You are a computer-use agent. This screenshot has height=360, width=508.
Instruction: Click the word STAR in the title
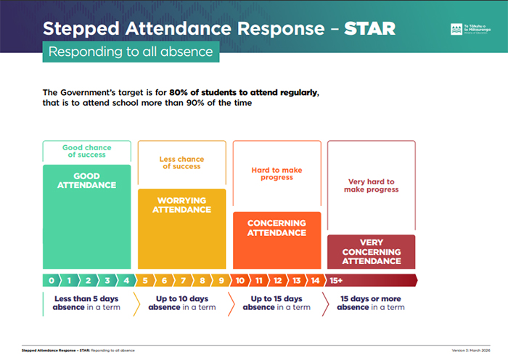point(370,29)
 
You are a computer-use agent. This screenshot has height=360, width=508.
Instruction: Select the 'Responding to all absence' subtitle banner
point(131,52)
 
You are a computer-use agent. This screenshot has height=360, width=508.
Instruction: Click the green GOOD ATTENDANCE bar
point(86,218)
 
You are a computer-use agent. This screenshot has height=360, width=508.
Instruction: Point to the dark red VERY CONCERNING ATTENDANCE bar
point(371,252)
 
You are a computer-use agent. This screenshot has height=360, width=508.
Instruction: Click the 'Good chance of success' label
point(86,151)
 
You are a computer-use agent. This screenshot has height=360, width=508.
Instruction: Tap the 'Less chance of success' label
point(181,163)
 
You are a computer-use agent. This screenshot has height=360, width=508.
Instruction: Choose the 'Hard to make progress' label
point(276,174)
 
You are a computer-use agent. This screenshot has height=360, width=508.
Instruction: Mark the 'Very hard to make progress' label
point(371,186)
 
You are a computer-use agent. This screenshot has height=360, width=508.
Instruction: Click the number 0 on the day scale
point(52,280)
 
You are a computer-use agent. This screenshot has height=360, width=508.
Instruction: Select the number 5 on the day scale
point(146,280)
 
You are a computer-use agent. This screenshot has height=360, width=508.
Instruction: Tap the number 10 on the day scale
point(240,280)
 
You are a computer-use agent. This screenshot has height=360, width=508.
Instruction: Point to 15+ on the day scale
point(337,280)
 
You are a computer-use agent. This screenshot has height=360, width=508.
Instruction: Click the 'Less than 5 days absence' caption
point(86,303)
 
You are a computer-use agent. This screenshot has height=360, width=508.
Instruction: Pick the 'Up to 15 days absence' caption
point(276,303)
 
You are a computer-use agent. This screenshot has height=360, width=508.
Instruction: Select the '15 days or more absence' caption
point(371,303)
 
